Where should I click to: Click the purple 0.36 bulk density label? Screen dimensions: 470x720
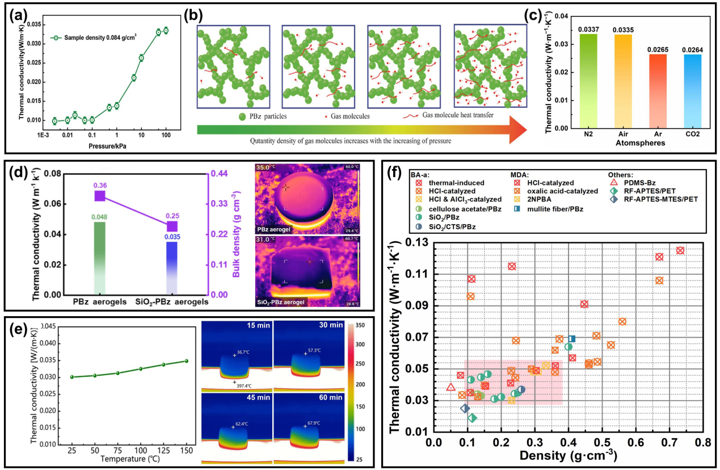click(99, 185)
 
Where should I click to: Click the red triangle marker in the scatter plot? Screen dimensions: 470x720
click(451, 387)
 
